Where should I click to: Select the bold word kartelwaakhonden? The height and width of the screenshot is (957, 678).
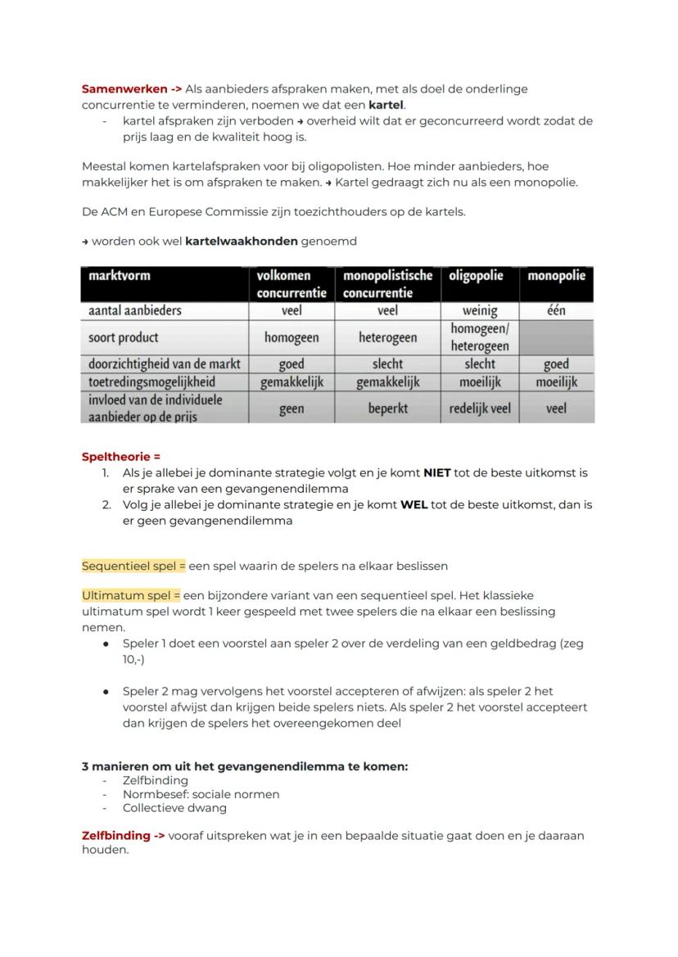pos(242,242)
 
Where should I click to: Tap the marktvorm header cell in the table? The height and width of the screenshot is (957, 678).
pos(165,283)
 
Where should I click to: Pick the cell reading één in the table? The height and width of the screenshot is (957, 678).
pos(556,310)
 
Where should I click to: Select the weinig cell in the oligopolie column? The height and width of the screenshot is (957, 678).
pos(479,310)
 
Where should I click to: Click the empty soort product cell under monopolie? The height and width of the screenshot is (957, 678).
pos(556,337)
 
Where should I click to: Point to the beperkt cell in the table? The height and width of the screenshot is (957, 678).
pos(387,408)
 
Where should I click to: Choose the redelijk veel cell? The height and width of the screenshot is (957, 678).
pos(479,408)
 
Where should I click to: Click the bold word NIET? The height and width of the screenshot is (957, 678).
pos(438,472)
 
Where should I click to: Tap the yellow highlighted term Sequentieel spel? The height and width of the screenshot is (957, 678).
pos(133,566)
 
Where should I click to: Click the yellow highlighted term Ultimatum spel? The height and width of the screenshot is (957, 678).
pos(131,595)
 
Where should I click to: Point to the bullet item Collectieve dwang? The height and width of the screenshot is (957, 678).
pos(174,808)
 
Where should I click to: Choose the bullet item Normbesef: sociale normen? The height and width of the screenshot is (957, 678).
pos(201,794)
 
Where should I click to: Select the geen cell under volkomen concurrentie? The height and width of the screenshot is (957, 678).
pos(292,408)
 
